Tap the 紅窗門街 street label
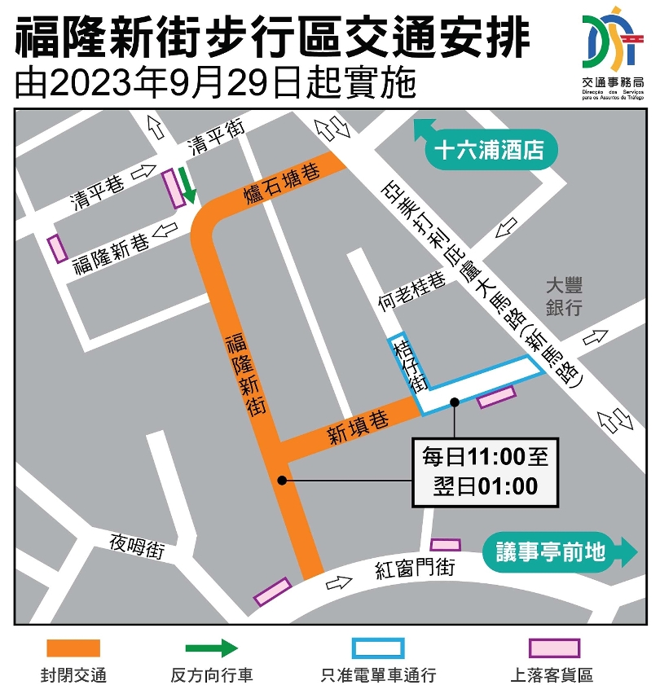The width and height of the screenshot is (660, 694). point(415,569)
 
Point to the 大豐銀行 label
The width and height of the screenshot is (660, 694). point(564,296)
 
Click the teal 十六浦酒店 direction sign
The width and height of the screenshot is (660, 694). point(487,151)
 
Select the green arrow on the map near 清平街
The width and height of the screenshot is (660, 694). point(188,184)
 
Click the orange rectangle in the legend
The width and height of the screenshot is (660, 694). point(73,648)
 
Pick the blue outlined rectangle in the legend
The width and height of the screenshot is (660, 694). point(379,648)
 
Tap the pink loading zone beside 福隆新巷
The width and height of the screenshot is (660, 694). point(56,248)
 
